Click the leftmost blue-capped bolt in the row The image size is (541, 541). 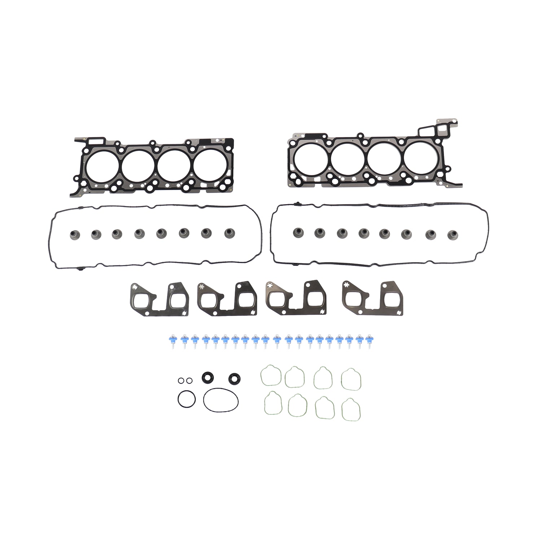pos(172,340)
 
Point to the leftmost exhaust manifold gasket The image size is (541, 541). pos(159,299)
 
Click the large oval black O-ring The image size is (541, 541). pos(220,399)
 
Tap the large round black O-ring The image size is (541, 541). pos(186,399)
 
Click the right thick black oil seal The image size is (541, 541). pos(233,379)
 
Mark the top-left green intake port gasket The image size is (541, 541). pos(271,375)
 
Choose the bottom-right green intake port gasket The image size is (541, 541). pos(351,410)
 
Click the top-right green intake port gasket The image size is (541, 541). pos(351,379)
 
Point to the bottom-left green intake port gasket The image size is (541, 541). pos(273,404)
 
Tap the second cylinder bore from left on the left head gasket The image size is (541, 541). pos(138,166)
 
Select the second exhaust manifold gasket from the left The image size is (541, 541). pos(227,299)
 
